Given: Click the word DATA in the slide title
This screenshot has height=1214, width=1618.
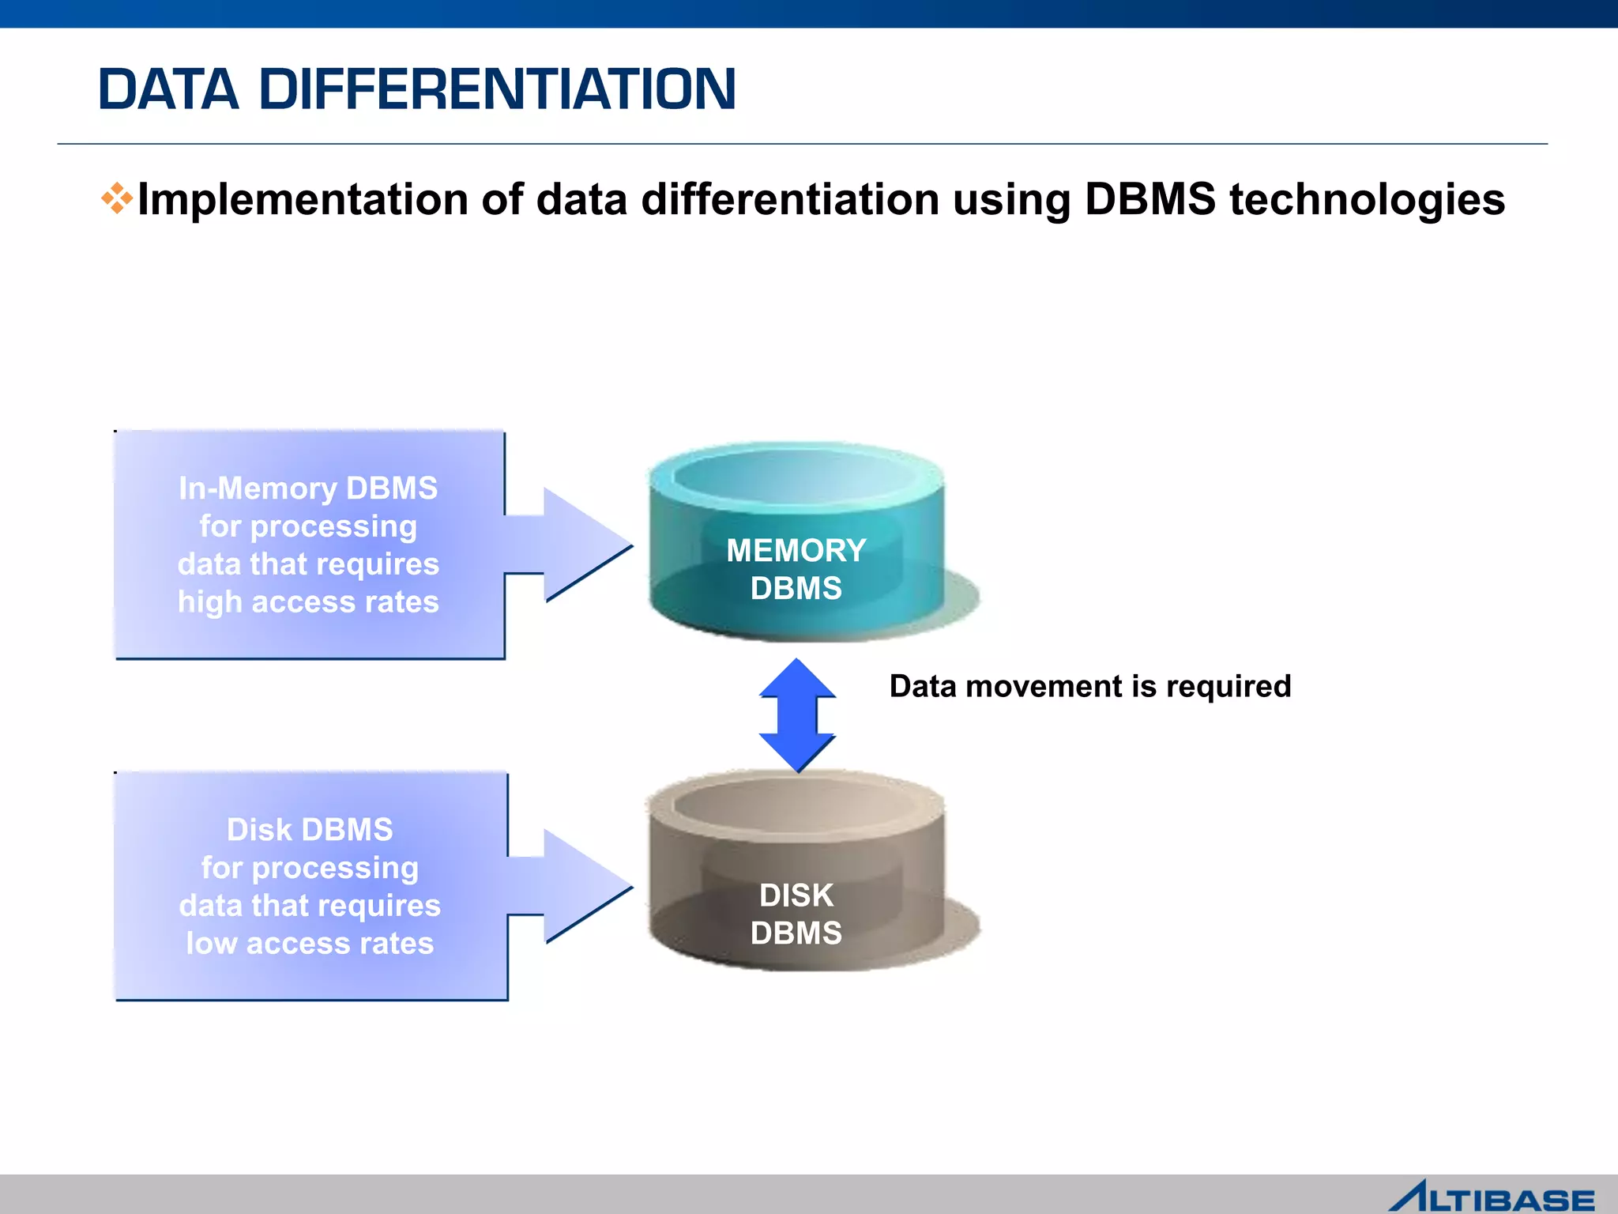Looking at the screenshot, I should click(167, 89).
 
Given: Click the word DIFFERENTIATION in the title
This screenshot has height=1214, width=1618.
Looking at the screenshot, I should click(497, 89).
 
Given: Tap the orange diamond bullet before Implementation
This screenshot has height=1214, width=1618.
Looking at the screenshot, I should click(116, 198).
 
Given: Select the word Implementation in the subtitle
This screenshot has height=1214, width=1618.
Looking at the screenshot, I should click(303, 199).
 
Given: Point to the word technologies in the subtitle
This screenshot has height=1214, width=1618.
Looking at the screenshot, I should click(1367, 199).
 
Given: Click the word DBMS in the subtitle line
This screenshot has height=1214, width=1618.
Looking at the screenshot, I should click(1150, 199).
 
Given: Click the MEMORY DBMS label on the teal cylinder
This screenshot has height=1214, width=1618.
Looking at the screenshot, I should click(796, 569).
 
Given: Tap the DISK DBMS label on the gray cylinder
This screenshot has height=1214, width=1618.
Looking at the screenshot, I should click(796, 914).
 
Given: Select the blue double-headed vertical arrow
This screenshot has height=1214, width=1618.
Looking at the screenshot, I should click(797, 715).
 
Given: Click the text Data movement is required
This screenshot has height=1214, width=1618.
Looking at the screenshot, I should click(1089, 686).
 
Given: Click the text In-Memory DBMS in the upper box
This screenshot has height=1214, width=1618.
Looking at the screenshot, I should click(308, 488).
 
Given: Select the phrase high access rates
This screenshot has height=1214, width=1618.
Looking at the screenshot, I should click(308, 602).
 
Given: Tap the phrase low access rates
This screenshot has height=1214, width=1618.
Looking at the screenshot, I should click(310, 944).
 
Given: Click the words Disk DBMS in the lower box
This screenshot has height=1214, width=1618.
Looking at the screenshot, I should click(310, 830).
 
